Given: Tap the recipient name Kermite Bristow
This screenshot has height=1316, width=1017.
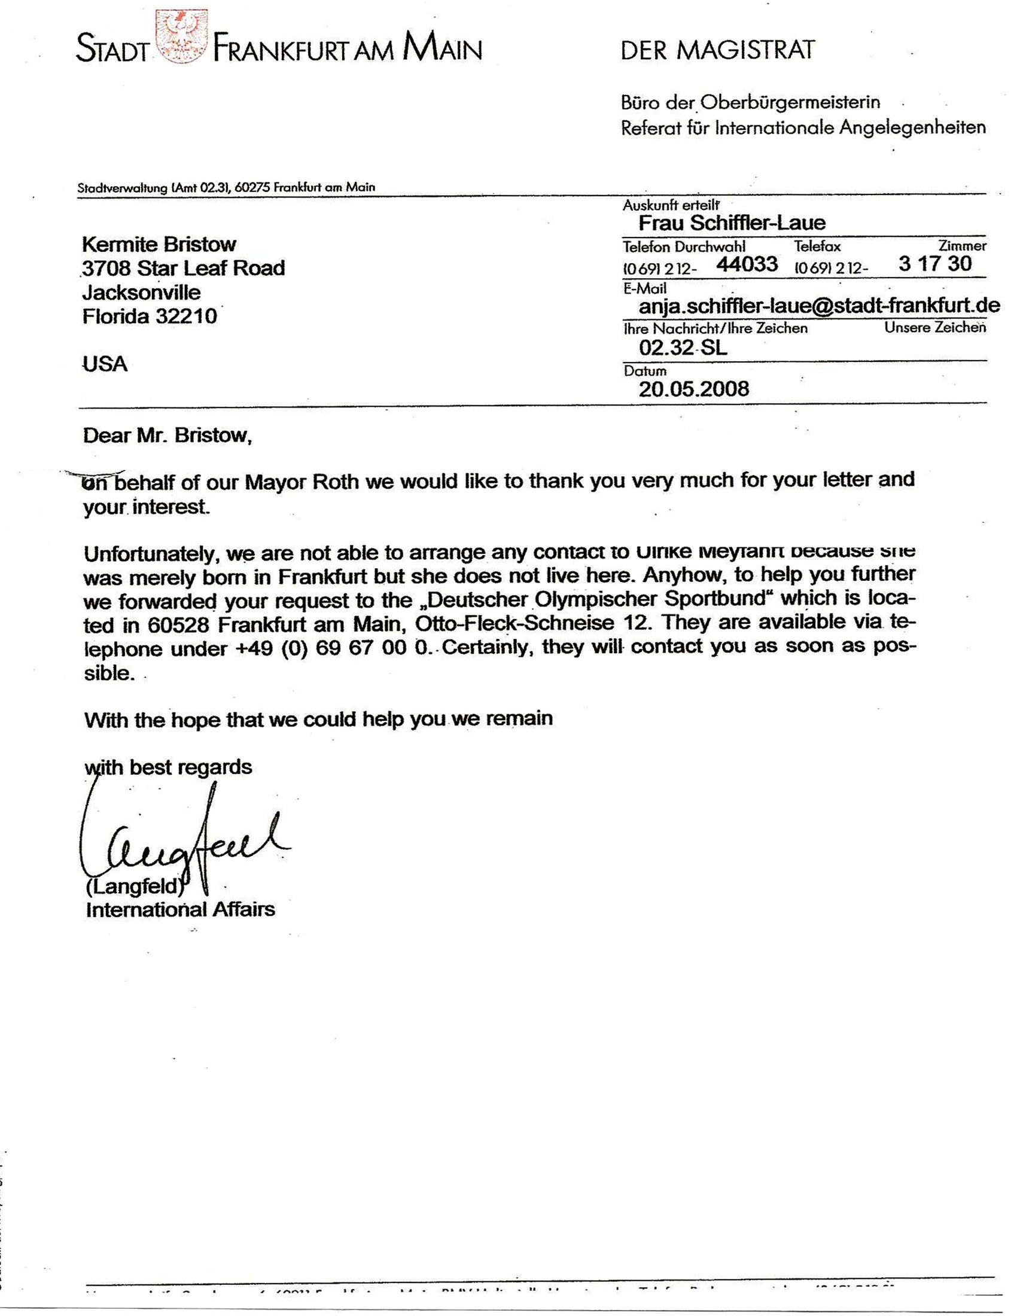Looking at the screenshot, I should coord(159,245).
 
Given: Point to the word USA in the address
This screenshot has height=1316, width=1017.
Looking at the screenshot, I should coord(105,364).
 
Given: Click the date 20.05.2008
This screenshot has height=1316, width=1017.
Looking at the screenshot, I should coord(693,389).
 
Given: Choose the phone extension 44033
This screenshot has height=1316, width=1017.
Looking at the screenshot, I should coord(747,264).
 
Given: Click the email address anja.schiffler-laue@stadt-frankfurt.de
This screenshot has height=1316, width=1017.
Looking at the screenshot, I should coord(819,306).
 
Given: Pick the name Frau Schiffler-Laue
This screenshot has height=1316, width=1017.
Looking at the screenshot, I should coord(732,224).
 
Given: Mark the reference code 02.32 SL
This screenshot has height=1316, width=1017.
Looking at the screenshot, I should coord(683,347).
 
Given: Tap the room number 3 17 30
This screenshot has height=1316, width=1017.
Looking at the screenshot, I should coord(934,263).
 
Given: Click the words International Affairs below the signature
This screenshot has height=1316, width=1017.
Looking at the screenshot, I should coord(180,909).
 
